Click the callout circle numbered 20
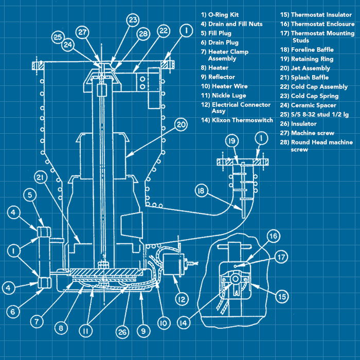click(x=180, y=124)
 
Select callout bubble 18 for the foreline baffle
click(x=201, y=191)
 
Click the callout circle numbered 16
click(x=273, y=236)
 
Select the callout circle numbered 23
click(x=133, y=20)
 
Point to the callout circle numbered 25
click(x=58, y=37)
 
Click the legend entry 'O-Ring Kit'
click(x=220, y=15)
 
